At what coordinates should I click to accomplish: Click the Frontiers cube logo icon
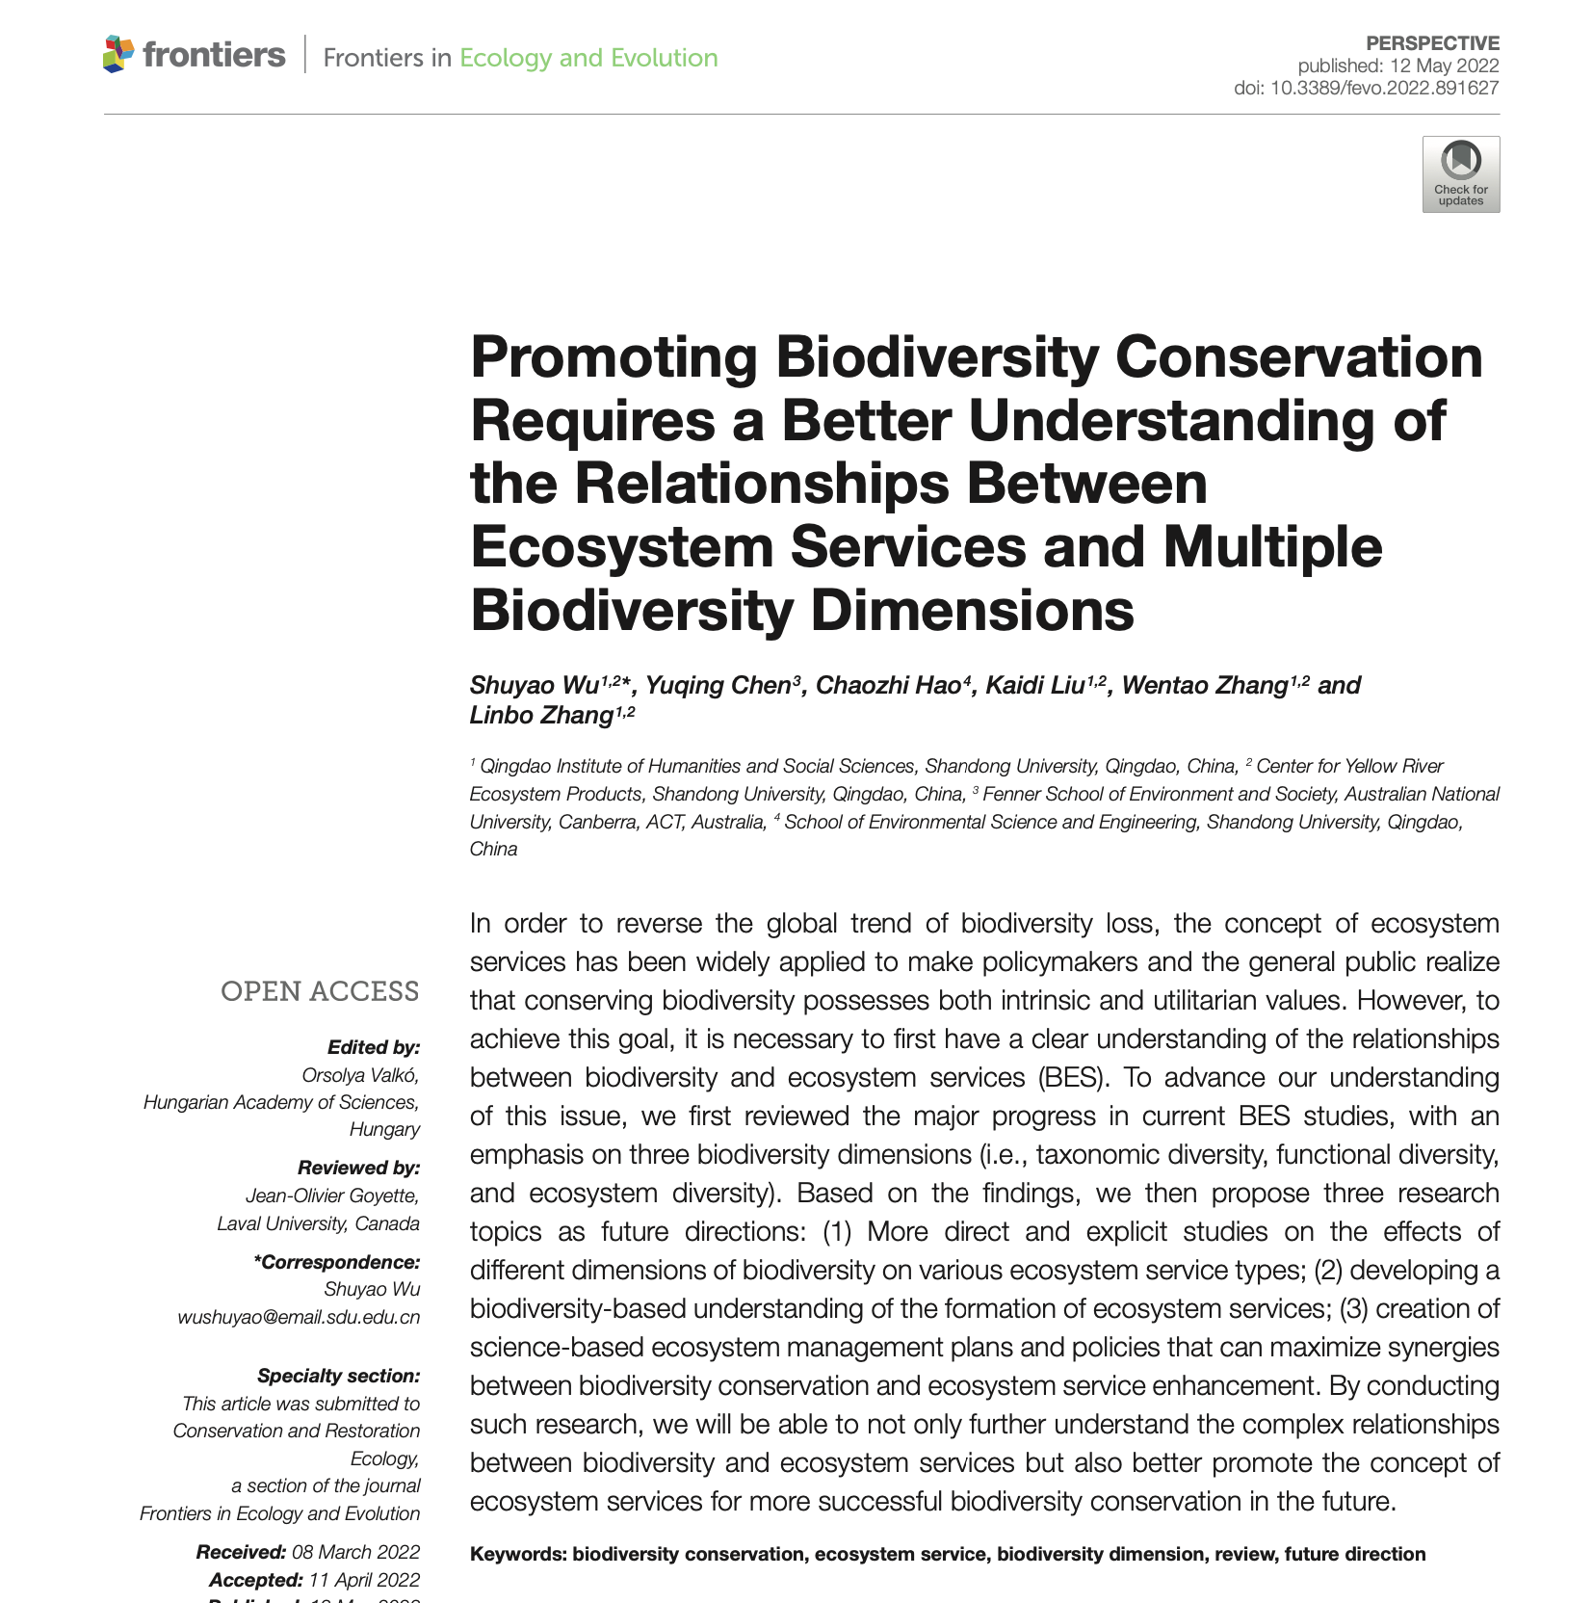tap(118, 54)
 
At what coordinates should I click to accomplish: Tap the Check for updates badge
tap(1460, 174)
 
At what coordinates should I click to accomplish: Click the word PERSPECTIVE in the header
tap(1432, 43)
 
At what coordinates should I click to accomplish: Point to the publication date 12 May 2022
tap(1444, 66)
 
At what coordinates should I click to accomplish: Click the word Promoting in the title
tap(614, 357)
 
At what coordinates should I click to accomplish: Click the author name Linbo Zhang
tap(541, 715)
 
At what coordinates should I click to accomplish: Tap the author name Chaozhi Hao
tap(887, 685)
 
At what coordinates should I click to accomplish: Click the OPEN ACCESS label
tap(320, 991)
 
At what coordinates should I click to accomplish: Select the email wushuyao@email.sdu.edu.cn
tap(299, 1317)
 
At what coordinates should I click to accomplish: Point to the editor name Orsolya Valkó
tap(360, 1075)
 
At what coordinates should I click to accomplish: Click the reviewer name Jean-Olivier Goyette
tap(332, 1196)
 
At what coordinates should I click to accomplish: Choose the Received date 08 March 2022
tap(355, 1552)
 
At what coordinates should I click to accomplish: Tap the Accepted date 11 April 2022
tap(364, 1580)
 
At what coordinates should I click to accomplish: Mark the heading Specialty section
tap(338, 1376)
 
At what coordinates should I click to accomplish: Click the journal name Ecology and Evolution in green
tap(588, 58)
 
